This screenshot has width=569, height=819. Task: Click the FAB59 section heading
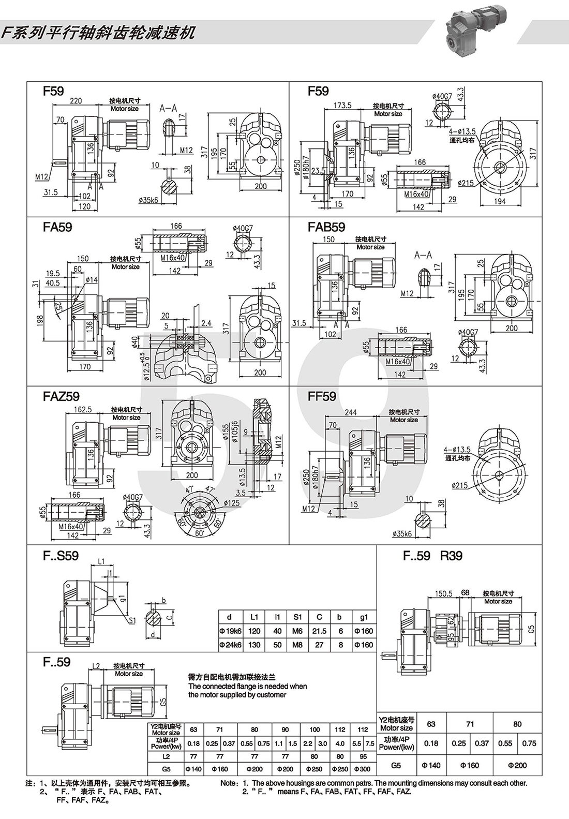(x=326, y=227)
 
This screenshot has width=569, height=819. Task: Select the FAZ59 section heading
(x=62, y=396)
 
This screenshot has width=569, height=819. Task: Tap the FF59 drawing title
(x=322, y=396)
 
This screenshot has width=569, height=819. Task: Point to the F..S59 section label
(x=61, y=556)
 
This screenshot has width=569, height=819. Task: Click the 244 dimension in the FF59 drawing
(x=351, y=412)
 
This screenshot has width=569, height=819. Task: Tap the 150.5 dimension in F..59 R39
(x=444, y=593)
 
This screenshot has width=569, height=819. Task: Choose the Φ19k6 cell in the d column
(x=230, y=631)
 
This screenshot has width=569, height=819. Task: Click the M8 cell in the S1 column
(x=297, y=645)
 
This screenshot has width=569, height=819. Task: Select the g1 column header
(x=364, y=617)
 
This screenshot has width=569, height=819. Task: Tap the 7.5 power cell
(x=369, y=743)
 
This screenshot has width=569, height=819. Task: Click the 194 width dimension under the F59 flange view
(x=500, y=202)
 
